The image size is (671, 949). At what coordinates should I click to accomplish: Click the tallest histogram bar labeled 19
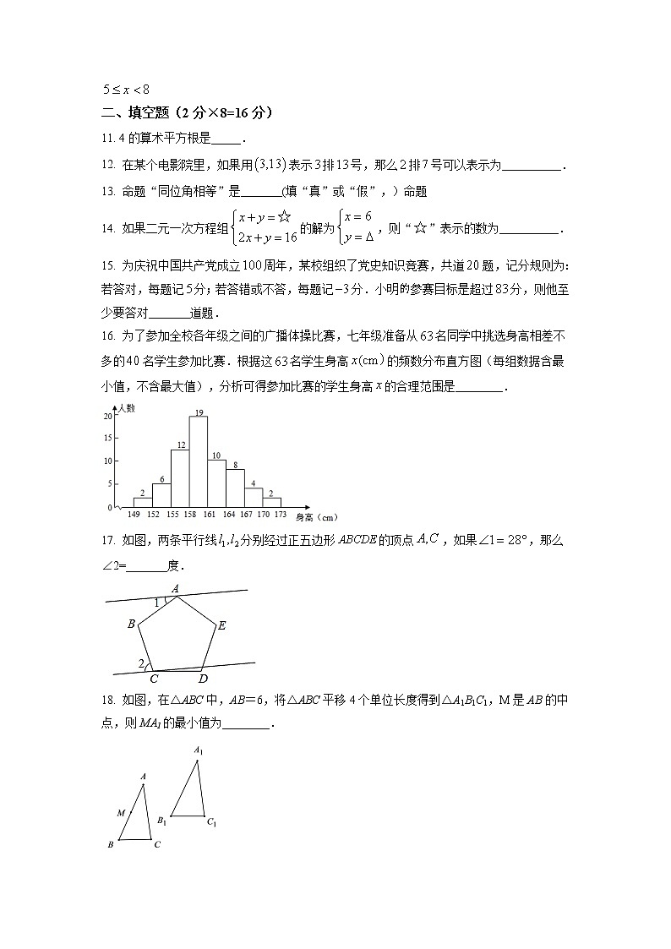[x=199, y=461]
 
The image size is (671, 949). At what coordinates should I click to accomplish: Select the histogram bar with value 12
[x=180, y=478]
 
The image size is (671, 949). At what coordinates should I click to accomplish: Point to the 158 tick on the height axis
[x=190, y=514]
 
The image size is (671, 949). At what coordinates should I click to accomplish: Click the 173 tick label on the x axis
[x=280, y=514]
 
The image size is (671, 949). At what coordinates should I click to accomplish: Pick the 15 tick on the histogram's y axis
[x=108, y=439]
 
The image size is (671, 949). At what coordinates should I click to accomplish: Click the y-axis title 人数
[x=127, y=408]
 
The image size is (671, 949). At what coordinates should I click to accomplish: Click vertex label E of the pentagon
[x=221, y=626]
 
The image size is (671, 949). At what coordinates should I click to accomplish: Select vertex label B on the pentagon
[x=131, y=624]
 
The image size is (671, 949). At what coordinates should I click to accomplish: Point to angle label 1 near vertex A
[x=157, y=603]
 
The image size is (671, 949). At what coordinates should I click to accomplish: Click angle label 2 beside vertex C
[x=141, y=664]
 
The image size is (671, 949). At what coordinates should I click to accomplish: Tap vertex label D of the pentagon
[x=203, y=679]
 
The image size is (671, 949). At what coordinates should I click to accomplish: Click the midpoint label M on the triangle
[x=121, y=813]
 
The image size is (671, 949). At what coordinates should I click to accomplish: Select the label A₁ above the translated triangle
[x=198, y=750]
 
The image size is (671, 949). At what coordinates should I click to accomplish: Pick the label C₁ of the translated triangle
[x=212, y=821]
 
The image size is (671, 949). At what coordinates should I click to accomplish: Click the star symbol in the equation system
[x=284, y=216]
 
